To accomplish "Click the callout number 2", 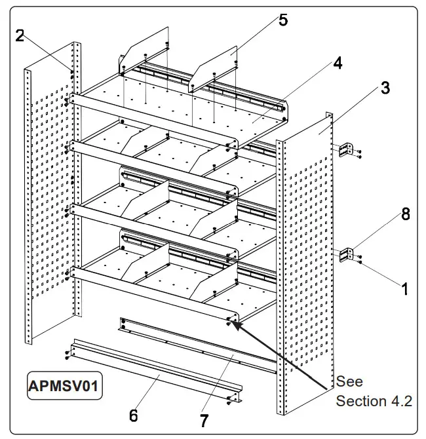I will coord(20,35).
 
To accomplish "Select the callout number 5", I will coord(283,20).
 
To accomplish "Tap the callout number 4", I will coord(337,63).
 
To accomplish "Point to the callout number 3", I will coord(385,87).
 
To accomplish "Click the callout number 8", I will coord(406,214).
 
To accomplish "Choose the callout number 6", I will coord(133,415).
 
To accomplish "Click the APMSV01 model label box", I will coord(64,386).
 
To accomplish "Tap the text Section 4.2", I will coord(374,401).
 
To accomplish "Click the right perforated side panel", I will coord(305,262).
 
